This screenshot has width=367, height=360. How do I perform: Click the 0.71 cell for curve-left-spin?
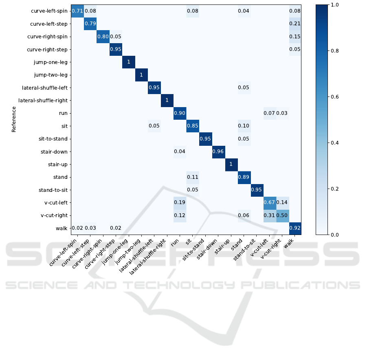click(x=77, y=11)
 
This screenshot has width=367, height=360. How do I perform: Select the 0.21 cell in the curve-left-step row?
click(x=295, y=24)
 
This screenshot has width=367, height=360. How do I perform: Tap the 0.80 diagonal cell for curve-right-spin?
click(x=103, y=37)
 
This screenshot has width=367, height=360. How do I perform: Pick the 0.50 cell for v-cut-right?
click(x=282, y=215)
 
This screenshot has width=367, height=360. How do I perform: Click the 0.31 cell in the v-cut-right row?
click(x=270, y=215)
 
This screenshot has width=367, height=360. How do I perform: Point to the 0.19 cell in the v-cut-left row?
click(x=180, y=203)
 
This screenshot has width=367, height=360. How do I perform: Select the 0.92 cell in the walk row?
click(x=295, y=228)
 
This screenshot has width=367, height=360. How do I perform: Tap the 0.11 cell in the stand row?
click(x=193, y=177)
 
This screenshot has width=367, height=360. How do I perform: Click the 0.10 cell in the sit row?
click(x=244, y=126)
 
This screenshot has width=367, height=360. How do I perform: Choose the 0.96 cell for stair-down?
click(x=218, y=151)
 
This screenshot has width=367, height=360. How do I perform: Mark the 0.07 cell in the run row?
click(x=270, y=113)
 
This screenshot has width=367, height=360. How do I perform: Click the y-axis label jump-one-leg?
click(x=51, y=62)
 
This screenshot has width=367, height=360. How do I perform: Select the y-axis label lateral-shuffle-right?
click(x=43, y=101)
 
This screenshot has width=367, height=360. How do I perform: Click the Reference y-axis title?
click(x=14, y=119)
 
